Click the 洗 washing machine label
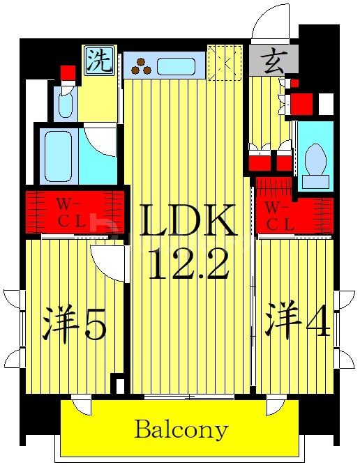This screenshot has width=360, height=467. coord(99,61)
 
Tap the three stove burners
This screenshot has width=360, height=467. coord(142,66)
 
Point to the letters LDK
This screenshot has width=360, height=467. coord(188,222)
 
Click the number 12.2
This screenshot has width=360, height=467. coord(188,263)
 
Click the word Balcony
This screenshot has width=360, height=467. coord(181,429)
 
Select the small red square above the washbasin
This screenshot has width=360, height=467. coord(68,72)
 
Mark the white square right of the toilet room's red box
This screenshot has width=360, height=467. coord(325,103)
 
